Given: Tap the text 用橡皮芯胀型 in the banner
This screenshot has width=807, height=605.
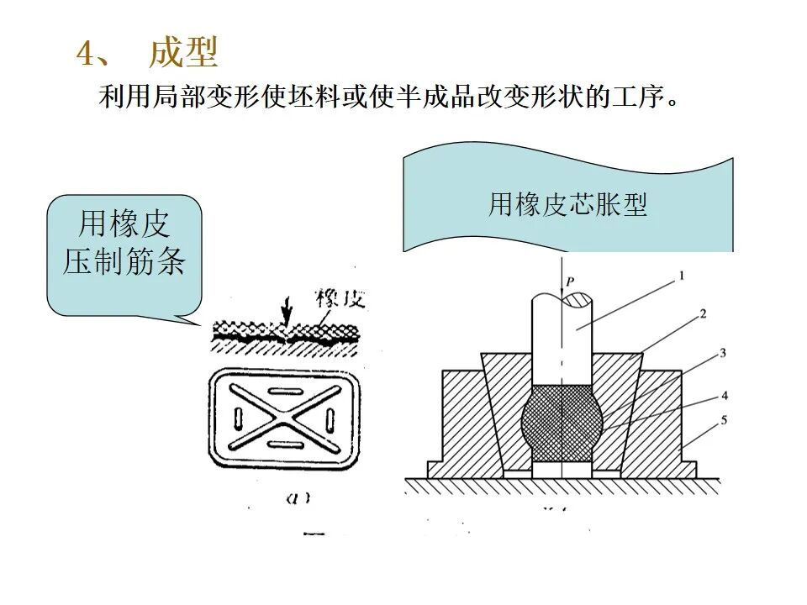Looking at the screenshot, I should [567, 205].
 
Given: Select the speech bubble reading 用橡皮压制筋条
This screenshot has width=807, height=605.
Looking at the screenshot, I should [124, 244].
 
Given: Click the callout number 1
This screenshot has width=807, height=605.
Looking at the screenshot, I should [682, 275].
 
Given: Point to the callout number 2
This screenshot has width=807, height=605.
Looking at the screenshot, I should [702, 313].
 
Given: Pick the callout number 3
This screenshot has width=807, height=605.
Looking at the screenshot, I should [721, 354].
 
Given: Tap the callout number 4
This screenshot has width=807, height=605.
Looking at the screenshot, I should [724, 394].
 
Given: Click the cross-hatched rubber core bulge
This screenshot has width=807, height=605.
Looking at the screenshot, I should [558, 423].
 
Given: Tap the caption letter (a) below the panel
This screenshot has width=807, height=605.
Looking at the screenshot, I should [298, 497].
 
